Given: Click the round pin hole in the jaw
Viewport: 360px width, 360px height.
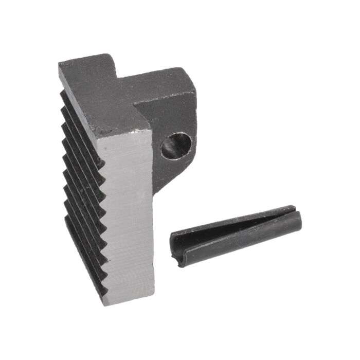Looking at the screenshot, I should (x=176, y=146).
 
